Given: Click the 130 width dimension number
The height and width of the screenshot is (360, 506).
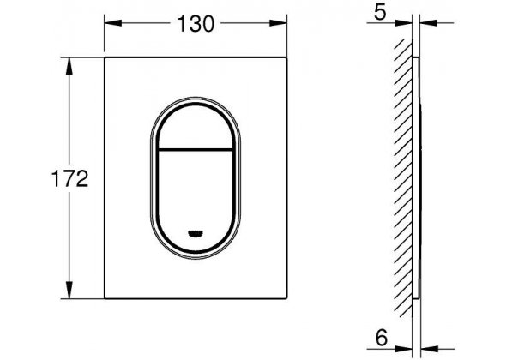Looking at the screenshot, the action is click(x=196, y=23).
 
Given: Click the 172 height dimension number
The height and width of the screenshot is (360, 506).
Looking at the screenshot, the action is click(x=70, y=178).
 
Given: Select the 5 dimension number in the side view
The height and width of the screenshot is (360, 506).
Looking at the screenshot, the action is click(x=380, y=13).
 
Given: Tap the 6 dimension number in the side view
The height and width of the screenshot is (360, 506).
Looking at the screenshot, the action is click(x=381, y=338).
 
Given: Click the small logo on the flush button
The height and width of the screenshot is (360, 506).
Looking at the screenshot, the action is click(x=196, y=233).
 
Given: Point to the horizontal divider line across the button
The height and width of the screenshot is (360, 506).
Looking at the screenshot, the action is click(x=196, y=150).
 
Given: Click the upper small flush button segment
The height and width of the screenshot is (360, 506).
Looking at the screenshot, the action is click(x=196, y=128).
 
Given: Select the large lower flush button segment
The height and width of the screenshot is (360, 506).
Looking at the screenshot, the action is click(x=196, y=200).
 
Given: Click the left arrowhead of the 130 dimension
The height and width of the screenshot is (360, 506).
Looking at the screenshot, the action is click(x=113, y=23).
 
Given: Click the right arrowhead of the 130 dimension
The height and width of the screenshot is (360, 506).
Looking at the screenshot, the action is click(x=278, y=23).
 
